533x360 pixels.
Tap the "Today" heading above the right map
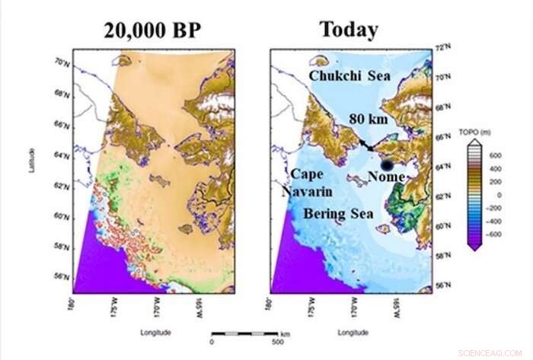tap(349, 30)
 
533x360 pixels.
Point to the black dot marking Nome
tap(388, 164)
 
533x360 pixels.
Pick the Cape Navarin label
tap(306, 183)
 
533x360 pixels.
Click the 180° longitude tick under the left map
tap(74, 305)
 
